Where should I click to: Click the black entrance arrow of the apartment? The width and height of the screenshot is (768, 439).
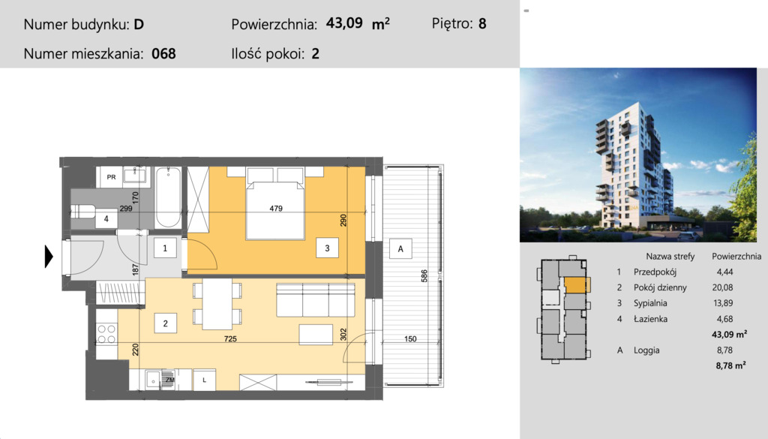[x=49, y=256]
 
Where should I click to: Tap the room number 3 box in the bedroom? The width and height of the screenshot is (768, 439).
[x=327, y=248]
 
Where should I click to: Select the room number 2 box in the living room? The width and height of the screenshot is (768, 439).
[x=166, y=323]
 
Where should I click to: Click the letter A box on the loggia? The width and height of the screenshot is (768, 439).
[x=400, y=249]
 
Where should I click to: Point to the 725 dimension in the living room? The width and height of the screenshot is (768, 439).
[x=230, y=338]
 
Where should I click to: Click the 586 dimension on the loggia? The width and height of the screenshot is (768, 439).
[x=424, y=276]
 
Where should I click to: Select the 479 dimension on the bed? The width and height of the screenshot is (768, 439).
[x=276, y=208]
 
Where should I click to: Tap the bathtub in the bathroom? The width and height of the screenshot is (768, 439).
[x=168, y=197]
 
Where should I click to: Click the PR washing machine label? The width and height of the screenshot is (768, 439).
[x=111, y=177]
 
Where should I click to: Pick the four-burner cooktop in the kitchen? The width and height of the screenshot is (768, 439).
[x=106, y=334]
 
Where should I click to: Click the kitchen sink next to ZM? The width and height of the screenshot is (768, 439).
[x=153, y=379]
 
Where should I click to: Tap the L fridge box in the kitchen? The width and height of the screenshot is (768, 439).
[x=205, y=380]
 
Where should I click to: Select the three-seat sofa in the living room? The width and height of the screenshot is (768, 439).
[x=316, y=299]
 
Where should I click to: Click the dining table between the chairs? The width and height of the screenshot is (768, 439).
[x=217, y=304]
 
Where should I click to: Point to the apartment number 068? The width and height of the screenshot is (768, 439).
[x=163, y=53]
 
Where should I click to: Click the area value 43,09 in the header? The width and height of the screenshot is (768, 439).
[x=344, y=23]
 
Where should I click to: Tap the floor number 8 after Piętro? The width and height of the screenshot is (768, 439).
[x=482, y=23]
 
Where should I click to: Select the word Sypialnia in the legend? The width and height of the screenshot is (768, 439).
[x=650, y=303]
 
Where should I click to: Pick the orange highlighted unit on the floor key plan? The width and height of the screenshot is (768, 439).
[x=575, y=285]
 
